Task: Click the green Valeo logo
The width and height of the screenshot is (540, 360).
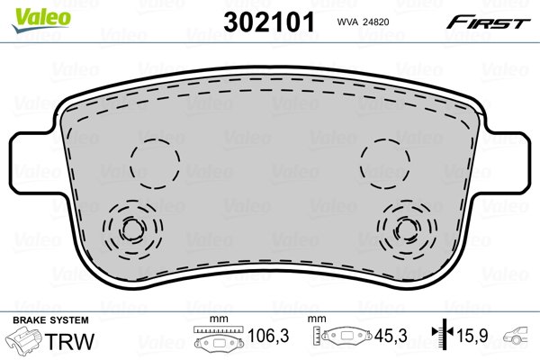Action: point(41,20)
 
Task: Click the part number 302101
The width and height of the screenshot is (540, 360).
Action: point(269,22)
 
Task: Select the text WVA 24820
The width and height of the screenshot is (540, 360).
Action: point(363,22)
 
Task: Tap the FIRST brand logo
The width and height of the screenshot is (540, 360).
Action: point(488,22)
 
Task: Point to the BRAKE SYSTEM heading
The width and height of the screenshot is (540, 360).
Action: point(50,320)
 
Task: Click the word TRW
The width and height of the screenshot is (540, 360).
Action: point(69,341)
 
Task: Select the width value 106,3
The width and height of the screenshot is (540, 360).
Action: point(268,336)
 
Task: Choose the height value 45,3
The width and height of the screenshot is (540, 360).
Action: point(391,336)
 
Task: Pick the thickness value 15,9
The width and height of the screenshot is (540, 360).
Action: point(472,336)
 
